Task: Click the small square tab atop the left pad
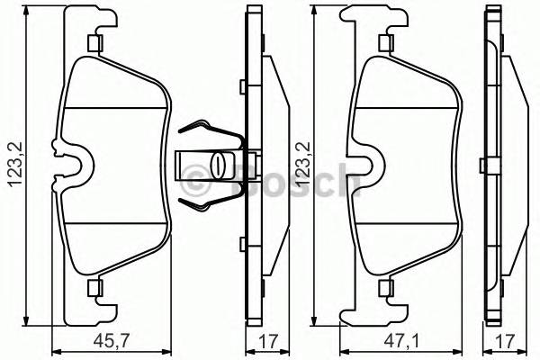click(x=93, y=43)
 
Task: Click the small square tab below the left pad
click(x=93, y=288)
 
